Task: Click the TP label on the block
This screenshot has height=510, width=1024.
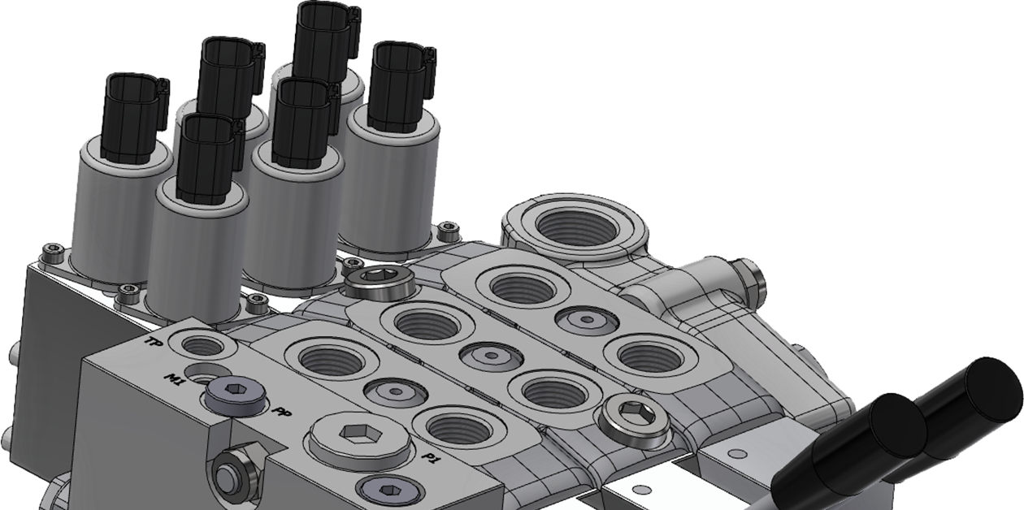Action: [151, 342]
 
